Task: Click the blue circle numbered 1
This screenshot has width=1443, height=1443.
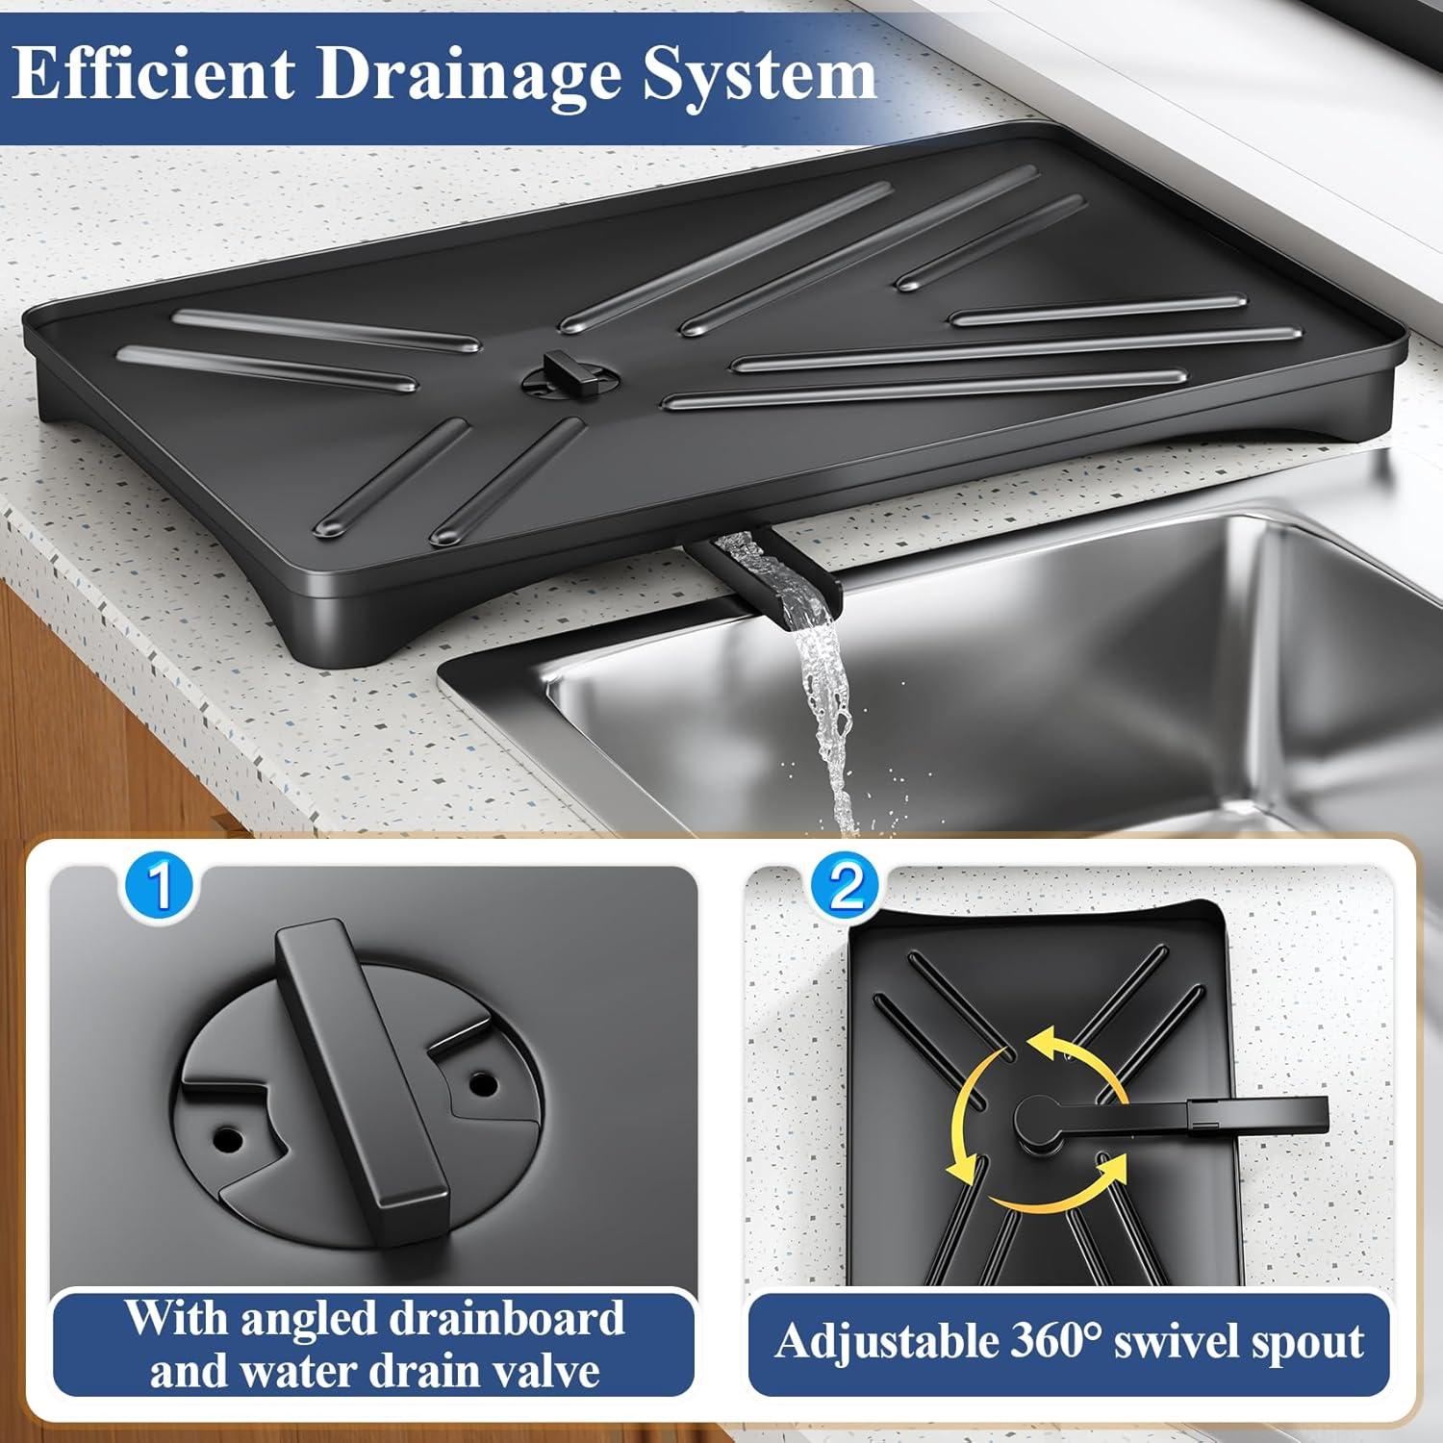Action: tap(160, 885)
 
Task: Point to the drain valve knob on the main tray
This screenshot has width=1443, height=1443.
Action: tap(561, 375)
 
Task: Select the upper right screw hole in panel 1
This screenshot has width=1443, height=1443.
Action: tap(483, 1084)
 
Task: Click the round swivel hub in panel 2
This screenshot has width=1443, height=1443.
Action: tap(1039, 1121)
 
